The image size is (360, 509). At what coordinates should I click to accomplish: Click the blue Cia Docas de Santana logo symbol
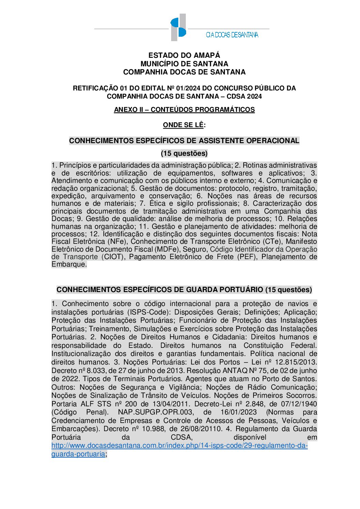tap(178, 27)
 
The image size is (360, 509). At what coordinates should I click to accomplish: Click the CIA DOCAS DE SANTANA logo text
tap(232, 35)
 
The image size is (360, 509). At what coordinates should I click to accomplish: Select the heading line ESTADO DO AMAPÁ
tap(184, 55)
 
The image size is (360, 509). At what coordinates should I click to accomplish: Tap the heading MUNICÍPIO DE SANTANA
tap(184, 64)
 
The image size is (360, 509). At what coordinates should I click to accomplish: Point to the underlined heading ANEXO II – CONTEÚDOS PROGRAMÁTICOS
tap(184, 109)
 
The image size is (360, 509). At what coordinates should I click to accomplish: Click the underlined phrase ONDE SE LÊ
tap(183, 125)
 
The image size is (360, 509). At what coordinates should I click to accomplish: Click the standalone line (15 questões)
tap(184, 153)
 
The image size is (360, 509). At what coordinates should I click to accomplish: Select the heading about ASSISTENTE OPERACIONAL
tap(184, 140)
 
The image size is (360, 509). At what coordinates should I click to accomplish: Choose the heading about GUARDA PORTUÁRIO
tap(184, 290)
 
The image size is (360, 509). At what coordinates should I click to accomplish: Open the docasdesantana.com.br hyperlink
tap(179, 446)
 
